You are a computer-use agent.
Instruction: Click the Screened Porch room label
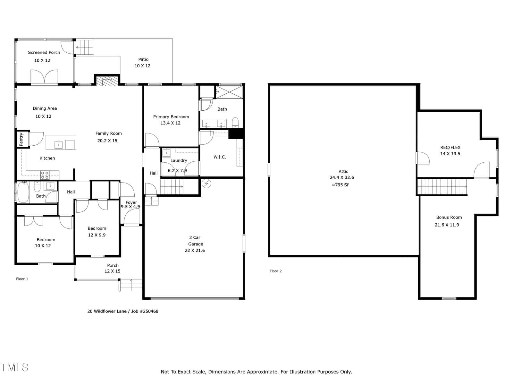(x=44, y=52)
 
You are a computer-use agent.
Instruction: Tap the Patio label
(x=143, y=59)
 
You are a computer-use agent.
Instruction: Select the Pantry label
(x=21, y=139)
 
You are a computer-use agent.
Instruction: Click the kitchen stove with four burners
(x=45, y=175)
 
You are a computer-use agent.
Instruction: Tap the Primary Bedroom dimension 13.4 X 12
(x=170, y=123)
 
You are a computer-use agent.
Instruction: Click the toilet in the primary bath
(x=235, y=123)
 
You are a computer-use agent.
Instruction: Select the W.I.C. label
(x=220, y=157)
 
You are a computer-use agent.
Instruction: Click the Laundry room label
(x=179, y=160)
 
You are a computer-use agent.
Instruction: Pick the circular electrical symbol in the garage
(x=206, y=184)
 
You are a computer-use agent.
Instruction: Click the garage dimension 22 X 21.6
(x=195, y=250)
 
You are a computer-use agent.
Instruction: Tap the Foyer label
(x=131, y=202)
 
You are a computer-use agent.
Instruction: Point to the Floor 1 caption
(x=22, y=279)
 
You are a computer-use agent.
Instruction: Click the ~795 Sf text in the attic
(x=340, y=185)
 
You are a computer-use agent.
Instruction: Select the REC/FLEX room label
(x=450, y=148)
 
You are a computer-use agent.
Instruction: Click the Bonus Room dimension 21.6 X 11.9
(x=447, y=225)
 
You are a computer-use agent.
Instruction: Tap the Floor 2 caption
(x=275, y=271)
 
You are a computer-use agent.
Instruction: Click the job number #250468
(x=149, y=311)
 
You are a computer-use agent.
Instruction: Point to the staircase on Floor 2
(x=442, y=186)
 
